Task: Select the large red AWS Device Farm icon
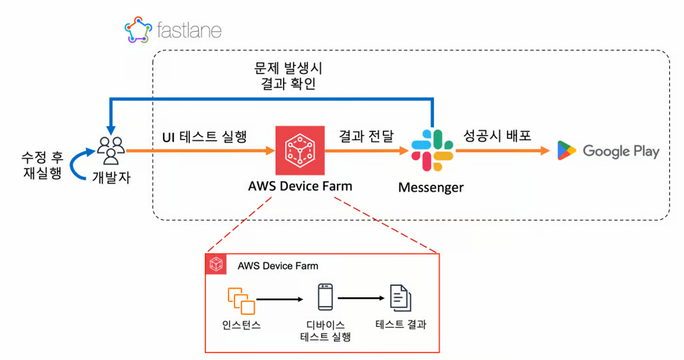pyautogui.click(x=300, y=149)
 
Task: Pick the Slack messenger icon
pyautogui.click(x=432, y=150)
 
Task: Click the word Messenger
pyautogui.click(x=431, y=187)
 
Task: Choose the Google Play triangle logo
pyautogui.click(x=567, y=150)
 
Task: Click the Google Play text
pyautogui.click(x=621, y=151)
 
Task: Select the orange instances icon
pyautogui.click(x=242, y=301)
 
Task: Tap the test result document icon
pyautogui.click(x=400, y=298)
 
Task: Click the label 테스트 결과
pyautogui.click(x=401, y=324)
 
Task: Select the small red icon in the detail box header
pyautogui.click(x=216, y=265)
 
